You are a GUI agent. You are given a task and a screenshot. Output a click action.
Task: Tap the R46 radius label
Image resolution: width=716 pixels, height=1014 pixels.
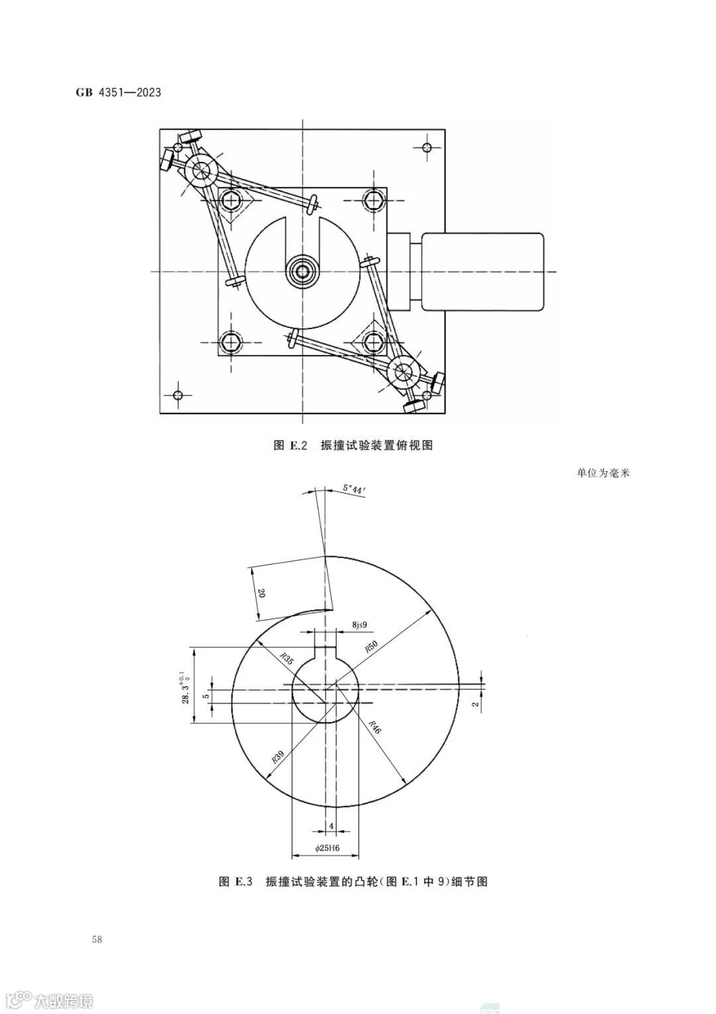click(375, 727)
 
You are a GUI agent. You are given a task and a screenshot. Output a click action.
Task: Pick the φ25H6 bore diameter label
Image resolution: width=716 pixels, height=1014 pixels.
click(326, 848)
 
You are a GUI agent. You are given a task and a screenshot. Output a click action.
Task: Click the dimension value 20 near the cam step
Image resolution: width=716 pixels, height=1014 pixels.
click(261, 595)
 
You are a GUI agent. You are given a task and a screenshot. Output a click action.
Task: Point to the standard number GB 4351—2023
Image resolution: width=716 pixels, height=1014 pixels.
click(119, 92)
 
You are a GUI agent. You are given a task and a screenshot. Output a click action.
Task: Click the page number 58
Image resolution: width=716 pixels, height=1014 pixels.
click(97, 940)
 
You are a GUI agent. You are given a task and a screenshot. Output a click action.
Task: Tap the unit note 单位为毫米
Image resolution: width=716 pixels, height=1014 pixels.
click(603, 473)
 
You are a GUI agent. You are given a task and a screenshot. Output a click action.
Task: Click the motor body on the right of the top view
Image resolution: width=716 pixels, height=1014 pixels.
click(483, 271)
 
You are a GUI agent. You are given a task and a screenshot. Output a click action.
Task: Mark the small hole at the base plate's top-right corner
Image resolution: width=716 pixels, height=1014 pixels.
click(428, 147)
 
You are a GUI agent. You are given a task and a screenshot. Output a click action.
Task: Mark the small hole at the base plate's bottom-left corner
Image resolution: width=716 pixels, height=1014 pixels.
click(177, 396)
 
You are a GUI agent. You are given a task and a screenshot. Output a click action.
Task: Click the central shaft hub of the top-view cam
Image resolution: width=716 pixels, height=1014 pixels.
click(304, 271)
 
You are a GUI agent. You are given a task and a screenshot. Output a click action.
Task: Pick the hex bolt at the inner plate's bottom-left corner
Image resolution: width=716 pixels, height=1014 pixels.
click(231, 342)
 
